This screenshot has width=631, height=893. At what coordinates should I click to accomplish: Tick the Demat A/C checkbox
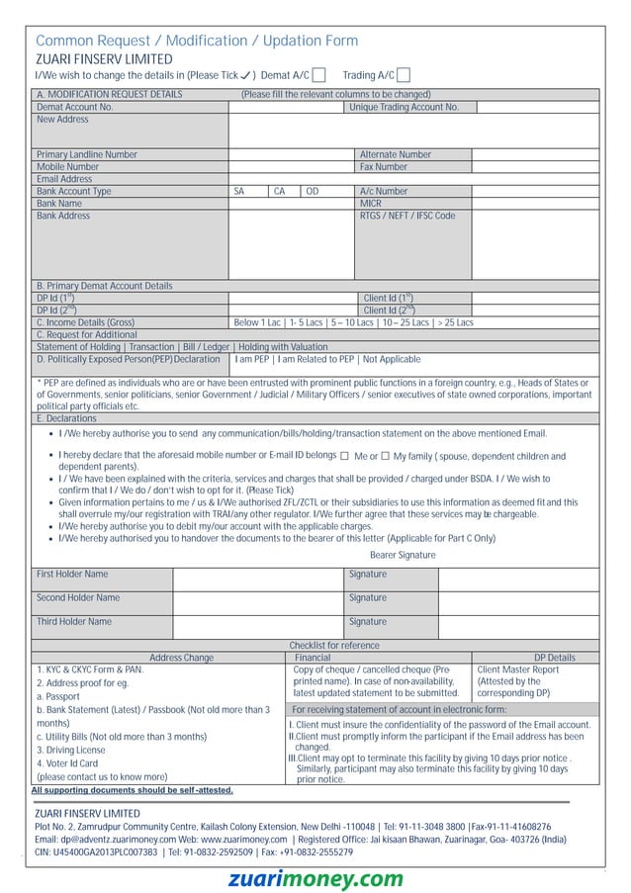tap(318, 76)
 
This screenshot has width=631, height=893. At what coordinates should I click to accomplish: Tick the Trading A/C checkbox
tap(404, 76)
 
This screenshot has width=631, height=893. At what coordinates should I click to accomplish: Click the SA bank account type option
tap(238, 191)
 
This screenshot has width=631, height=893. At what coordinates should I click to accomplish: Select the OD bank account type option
tap(312, 191)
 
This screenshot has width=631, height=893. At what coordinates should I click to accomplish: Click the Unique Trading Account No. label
tap(404, 107)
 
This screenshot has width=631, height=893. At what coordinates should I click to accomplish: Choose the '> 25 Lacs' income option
tap(455, 322)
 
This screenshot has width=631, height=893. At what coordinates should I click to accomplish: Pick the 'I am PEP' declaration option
tap(252, 359)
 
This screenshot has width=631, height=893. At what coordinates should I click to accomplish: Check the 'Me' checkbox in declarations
tap(344, 456)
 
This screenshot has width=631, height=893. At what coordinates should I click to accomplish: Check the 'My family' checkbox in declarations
tap(385, 456)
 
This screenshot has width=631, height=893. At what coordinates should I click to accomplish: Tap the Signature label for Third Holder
tap(368, 622)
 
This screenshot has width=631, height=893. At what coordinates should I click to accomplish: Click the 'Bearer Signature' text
tap(402, 555)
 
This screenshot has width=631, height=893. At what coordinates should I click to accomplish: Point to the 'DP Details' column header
tap(554, 658)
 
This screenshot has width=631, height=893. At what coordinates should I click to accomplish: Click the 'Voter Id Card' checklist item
tap(67, 763)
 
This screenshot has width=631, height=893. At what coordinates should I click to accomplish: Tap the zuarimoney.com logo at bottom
tap(315, 879)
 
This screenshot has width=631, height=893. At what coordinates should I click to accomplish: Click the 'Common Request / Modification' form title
tap(197, 41)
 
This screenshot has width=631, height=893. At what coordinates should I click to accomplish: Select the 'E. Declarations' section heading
tap(66, 418)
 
